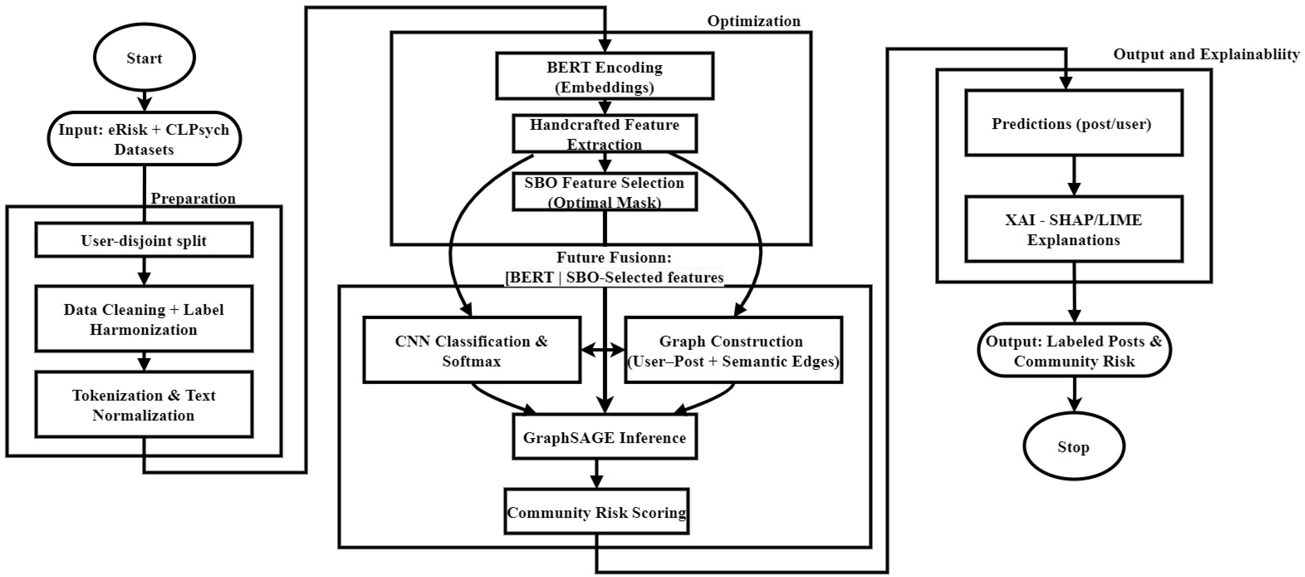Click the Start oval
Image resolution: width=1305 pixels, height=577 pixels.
click(x=144, y=57)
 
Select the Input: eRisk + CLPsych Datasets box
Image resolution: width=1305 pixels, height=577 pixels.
click(x=144, y=138)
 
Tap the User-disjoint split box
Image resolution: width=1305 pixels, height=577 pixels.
click(x=144, y=240)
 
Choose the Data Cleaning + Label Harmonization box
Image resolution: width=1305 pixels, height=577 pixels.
click(x=144, y=319)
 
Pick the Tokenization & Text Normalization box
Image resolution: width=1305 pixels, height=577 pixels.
click(x=144, y=404)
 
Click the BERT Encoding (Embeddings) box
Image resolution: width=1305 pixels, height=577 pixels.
click(x=605, y=76)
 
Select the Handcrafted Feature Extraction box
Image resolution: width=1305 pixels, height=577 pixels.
click(x=605, y=134)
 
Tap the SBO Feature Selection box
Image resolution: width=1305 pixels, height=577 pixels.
click(x=605, y=192)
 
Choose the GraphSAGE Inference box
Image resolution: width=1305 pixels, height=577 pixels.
click(x=605, y=437)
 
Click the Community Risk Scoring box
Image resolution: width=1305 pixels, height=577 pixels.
click(x=597, y=512)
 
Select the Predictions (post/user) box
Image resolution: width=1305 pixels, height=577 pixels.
click(x=1074, y=123)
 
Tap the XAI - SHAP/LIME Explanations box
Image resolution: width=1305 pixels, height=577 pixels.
click(x=1074, y=229)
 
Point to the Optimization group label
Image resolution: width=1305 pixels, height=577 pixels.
click(x=754, y=21)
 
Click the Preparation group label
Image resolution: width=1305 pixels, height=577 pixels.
click(x=193, y=198)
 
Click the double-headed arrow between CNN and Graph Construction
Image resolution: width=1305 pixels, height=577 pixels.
click(x=603, y=349)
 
